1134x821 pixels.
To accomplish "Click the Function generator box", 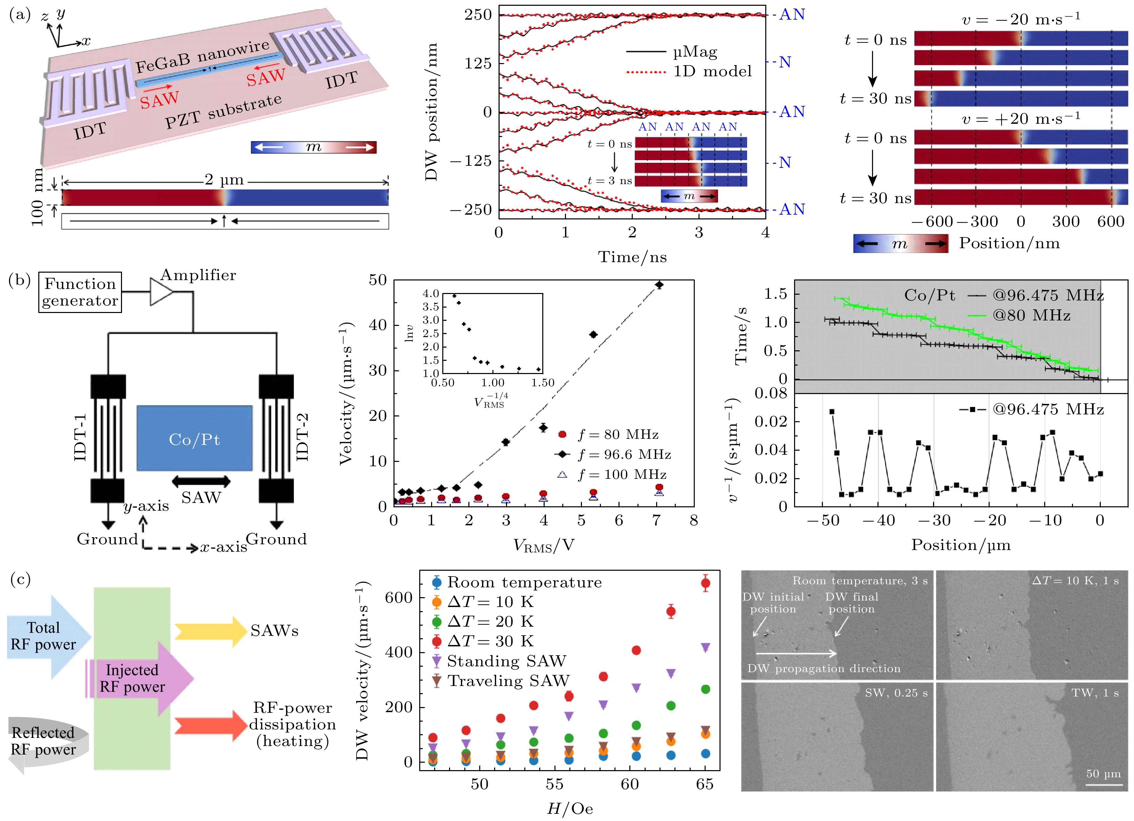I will pos(80,292).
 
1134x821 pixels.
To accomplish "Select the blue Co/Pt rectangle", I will pos(195,438).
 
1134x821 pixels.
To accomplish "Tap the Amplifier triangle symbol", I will pos(161,292).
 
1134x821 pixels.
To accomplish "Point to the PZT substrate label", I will pos(223,111).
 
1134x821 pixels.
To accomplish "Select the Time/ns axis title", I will pos(632,257).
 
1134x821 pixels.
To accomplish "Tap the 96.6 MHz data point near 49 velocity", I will pos(659,285).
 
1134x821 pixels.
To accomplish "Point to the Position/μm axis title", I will pos(960,545).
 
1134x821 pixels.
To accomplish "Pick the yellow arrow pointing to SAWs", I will pos(210,631).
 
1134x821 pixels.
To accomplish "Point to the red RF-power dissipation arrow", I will pos(210,725).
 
